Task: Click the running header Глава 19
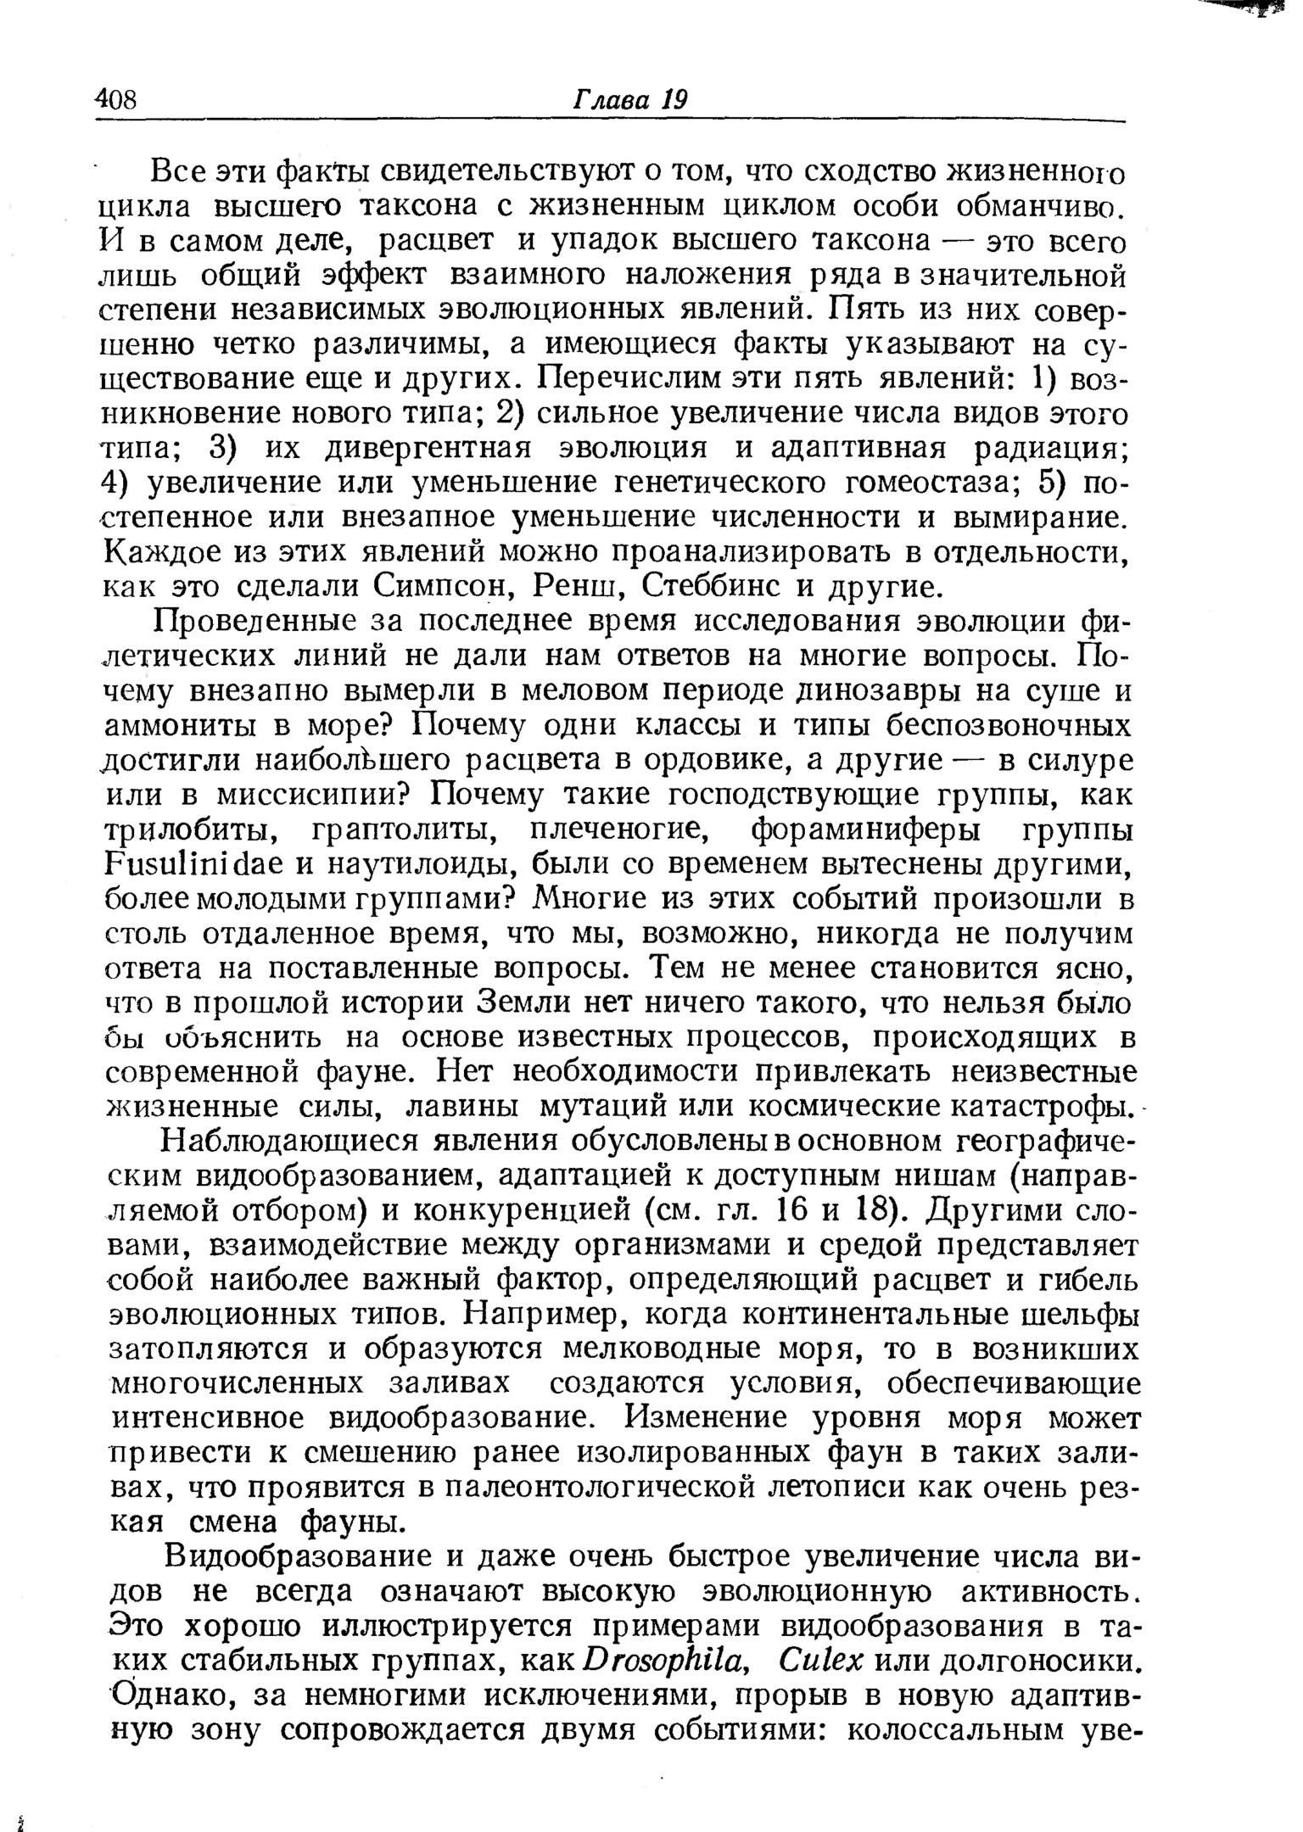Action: pyautogui.click(x=630, y=100)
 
